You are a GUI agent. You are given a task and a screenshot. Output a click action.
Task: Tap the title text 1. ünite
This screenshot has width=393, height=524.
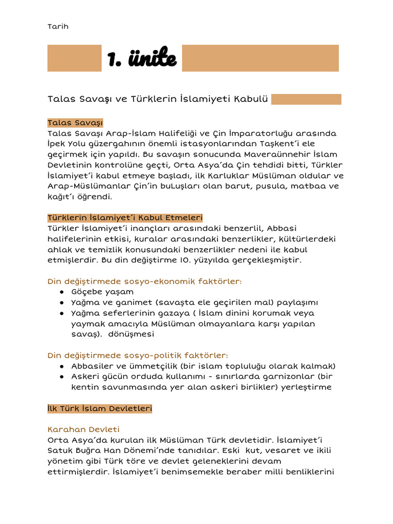click(142, 59)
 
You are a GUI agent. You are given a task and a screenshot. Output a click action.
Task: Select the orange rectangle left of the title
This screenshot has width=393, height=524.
click(74, 58)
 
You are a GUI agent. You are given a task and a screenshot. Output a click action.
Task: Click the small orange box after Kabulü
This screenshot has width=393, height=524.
click(306, 99)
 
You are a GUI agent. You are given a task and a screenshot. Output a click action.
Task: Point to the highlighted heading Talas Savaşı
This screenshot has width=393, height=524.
click(75, 123)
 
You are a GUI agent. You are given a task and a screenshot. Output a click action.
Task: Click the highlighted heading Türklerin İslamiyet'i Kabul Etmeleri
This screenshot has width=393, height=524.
click(125, 218)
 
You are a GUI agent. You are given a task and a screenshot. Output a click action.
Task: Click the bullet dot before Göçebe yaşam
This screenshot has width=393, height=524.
click(61, 292)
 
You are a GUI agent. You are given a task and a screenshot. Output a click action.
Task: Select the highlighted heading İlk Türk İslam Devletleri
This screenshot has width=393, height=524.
click(100, 409)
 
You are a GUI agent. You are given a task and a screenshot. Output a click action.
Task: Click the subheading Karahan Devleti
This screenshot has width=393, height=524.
click(83, 429)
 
